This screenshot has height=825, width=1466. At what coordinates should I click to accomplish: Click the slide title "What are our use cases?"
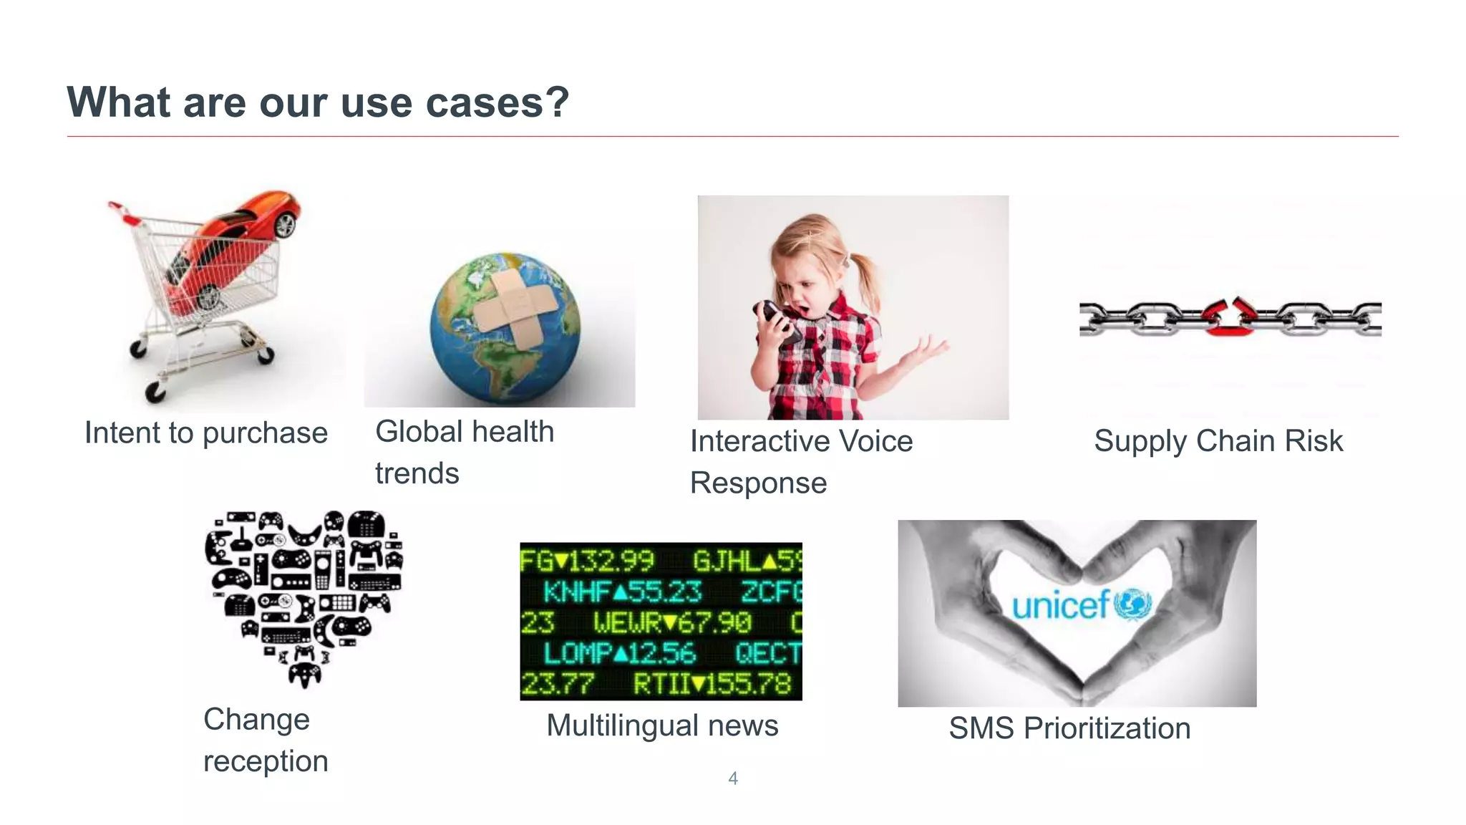[x=318, y=102]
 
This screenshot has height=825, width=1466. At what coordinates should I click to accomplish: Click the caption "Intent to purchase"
[x=206, y=433]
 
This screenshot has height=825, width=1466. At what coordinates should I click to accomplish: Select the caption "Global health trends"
[x=465, y=452]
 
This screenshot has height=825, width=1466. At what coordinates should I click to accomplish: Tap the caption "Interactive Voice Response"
[x=801, y=462]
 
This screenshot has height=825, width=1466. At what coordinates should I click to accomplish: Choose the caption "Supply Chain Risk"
[x=1218, y=441]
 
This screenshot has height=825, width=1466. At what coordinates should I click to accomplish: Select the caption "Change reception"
[x=266, y=740]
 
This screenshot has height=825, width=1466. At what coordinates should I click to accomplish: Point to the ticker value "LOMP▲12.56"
[x=619, y=652]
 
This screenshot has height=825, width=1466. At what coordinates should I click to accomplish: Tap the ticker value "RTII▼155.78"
[x=712, y=684]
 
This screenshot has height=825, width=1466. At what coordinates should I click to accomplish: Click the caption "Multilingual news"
[x=662, y=725]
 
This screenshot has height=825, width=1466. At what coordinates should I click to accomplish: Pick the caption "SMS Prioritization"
[x=1069, y=728]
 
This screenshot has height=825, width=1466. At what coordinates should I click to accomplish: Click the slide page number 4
[x=732, y=778]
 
